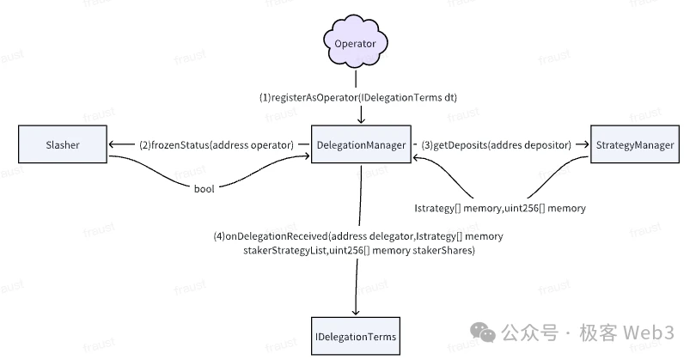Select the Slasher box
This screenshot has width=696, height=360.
pyautogui.click(x=59, y=145)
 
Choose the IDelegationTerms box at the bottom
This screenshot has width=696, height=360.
pyautogui.click(x=355, y=336)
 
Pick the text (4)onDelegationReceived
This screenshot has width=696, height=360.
pyautogui.click(x=277, y=235)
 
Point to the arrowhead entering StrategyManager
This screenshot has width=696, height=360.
pyautogui.click(x=584, y=145)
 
